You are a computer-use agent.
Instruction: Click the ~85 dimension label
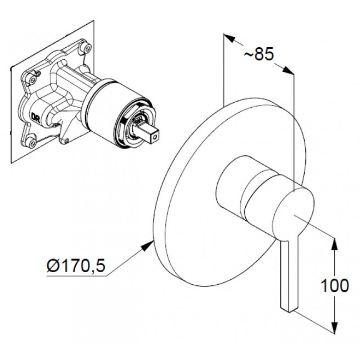coord(259,54)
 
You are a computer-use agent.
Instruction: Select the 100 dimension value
coord(334,286)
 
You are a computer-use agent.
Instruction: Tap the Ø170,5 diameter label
coord(76,266)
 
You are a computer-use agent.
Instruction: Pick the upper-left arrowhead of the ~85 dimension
coord(230,39)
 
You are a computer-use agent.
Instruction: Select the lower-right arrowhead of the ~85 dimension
coord(287,70)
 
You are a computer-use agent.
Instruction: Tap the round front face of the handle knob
coord(293,211)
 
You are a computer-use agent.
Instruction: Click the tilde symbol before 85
coord(248,54)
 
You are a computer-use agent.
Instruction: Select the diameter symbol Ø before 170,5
coord(53,266)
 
